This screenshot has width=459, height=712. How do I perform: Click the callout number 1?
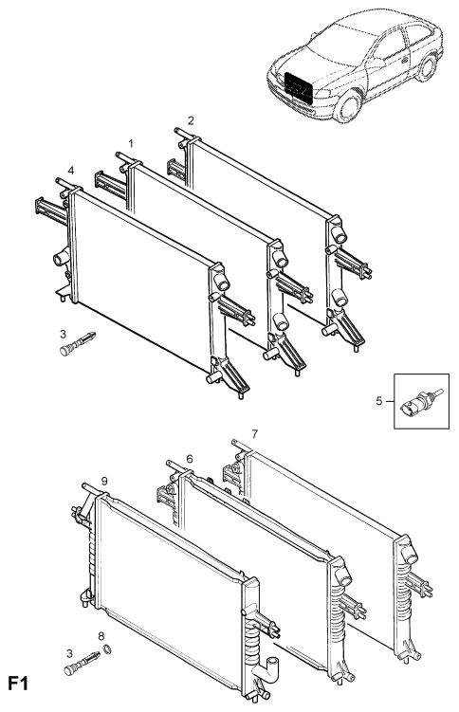pos(131,143)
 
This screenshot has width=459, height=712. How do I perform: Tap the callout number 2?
pos(191,120)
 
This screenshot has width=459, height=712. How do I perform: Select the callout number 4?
pos(71,171)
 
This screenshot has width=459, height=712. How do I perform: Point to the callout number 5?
pos(379,400)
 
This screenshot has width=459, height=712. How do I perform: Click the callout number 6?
pos(190,459)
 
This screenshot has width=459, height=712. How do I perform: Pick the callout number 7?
pos(255,434)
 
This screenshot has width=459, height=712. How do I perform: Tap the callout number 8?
pos(101,636)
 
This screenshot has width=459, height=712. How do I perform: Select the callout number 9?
pos(104,481)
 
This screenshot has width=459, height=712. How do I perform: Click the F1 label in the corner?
pos(18,684)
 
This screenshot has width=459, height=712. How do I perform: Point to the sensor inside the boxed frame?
pos(420,401)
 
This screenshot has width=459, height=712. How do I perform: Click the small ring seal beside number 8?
pos(108,649)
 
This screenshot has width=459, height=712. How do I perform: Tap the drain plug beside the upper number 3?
pos(78,343)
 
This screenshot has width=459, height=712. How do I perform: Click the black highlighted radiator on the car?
pos(299,87)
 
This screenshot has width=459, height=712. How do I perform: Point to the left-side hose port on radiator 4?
pos(61,258)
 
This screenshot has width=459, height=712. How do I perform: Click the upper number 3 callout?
pos(64,335)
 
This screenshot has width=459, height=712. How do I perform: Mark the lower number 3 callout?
pos(69,654)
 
